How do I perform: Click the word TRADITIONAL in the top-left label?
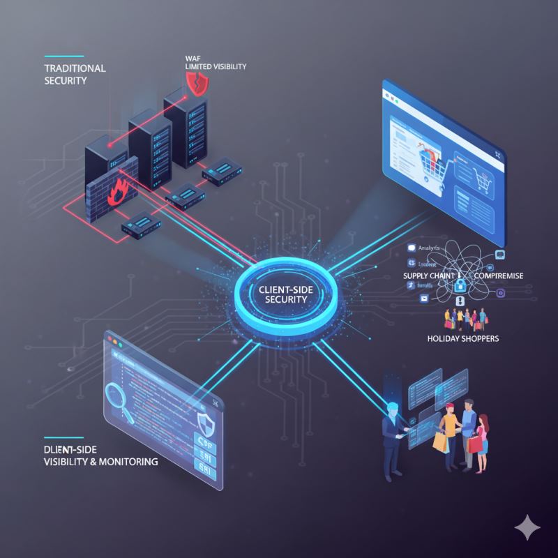tap(65, 68)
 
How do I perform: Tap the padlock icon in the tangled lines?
tap(460, 285)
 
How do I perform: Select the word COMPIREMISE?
tap(498, 276)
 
